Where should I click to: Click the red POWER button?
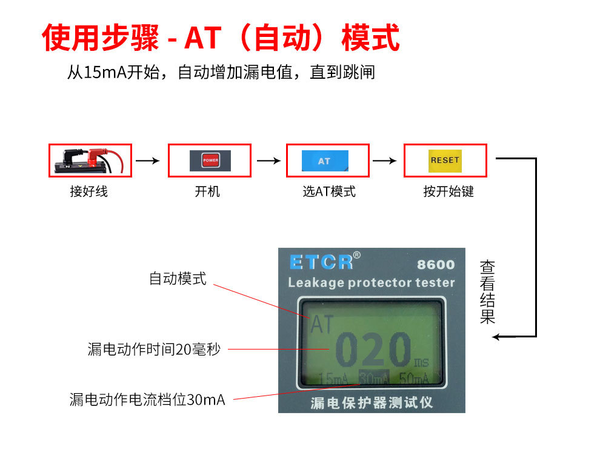point(210,161)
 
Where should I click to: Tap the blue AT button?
point(325,161)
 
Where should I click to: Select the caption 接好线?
point(88,191)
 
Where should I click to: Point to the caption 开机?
point(207,191)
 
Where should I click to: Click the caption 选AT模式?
point(329,191)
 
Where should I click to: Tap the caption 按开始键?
point(448,191)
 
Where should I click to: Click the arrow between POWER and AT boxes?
point(268,161)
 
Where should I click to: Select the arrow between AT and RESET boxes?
point(385,161)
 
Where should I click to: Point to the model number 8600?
point(436,265)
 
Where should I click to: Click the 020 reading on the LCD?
point(373,350)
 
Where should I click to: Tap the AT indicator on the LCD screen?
point(322,325)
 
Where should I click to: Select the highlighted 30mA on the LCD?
point(374,378)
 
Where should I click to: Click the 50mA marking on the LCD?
point(414,379)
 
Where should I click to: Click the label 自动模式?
point(178,279)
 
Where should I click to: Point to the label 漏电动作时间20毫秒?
point(154,350)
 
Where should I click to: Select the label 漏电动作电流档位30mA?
point(147,400)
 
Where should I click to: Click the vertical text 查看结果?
point(487,292)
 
